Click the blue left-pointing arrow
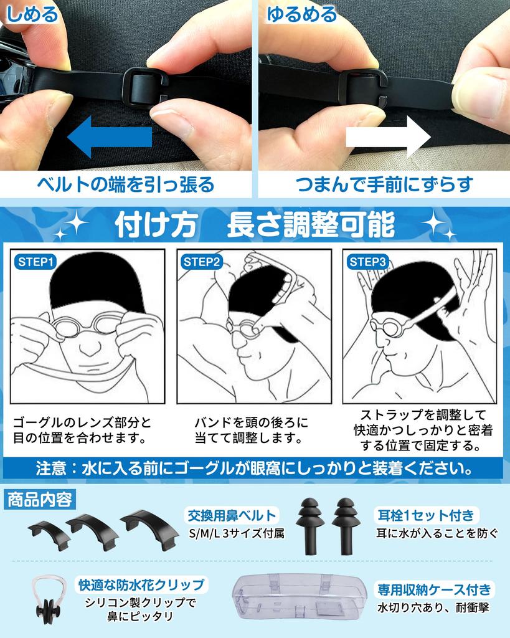pyautogui.click(x=109, y=138)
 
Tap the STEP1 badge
pyautogui.click(x=35, y=262)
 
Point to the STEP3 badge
pyautogui.click(x=368, y=262)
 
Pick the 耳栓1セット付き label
pyautogui.click(x=427, y=515)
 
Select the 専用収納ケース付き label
pyautogui.click(x=435, y=589)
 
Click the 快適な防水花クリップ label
pyautogui.click(x=141, y=584)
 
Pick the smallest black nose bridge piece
pyautogui.click(x=46, y=533)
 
